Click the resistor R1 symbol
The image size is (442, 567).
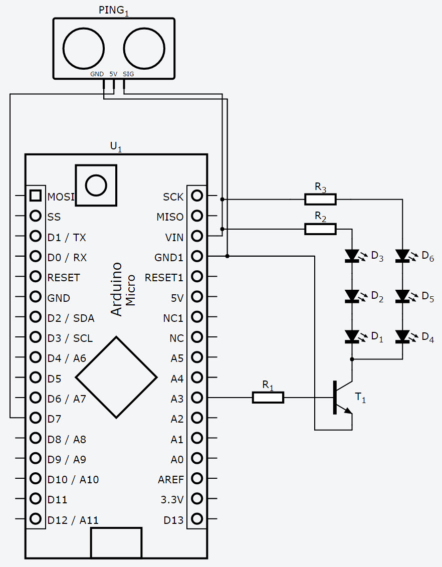point(268,398)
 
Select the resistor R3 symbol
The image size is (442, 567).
point(320,200)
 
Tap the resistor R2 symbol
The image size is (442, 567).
point(320,229)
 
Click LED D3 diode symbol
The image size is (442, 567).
point(352,256)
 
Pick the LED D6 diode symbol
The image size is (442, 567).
point(402,256)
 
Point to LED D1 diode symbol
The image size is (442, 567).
point(352,336)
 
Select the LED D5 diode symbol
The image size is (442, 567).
point(402,296)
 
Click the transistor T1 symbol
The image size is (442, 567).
point(342,399)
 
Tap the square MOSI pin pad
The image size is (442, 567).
point(35,196)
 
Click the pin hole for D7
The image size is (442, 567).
point(35,418)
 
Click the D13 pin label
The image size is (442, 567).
point(173,520)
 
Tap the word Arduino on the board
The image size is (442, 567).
point(116,289)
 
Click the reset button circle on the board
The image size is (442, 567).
point(96,185)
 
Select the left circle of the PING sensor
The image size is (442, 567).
point(84,48)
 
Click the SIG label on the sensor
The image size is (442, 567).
point(128,74)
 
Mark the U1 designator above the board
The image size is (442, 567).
point(116,146)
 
